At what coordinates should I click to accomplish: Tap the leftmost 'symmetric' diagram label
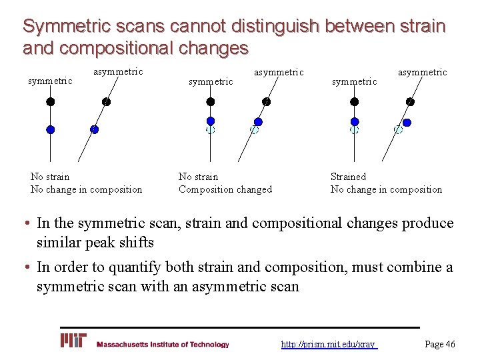[x=50, y=81]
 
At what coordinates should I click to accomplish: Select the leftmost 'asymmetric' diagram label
[x=118, y=71]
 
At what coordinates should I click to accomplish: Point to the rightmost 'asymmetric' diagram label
[x=423, y=72]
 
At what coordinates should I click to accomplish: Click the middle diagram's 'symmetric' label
[x=211, y=81]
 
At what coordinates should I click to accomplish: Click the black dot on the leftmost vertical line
[x=50, y=102]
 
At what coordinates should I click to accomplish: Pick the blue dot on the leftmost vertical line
[x=50, y=129]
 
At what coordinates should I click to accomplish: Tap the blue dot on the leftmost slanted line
[x=94, y=129]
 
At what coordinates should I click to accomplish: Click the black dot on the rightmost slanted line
[x=410, y=102]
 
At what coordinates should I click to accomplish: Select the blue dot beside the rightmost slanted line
[x=407, y=123]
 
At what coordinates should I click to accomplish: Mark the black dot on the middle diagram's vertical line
[x=211, y=102]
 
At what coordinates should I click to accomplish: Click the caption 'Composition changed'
[x=225, y=189]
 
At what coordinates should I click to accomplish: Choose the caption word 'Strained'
[x=348, y=177]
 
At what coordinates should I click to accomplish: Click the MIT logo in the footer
[x=74, y=341]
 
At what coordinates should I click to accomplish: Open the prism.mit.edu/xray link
[x=329, y=344]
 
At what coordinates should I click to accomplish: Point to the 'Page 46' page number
[x=440, y=344]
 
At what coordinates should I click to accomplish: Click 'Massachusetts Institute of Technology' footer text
[x=163, y=345]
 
